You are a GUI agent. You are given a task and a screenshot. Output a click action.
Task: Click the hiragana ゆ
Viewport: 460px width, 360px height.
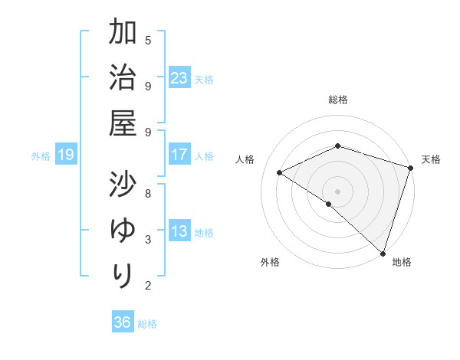(x=123, y=230)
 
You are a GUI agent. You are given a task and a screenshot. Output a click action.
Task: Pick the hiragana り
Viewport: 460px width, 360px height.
(x=123, y=275)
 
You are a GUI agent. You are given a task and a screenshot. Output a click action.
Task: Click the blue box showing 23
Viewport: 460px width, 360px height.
(x=179, y=78)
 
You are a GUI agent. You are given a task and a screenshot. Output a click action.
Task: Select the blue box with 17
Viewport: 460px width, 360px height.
(x=179, y=155)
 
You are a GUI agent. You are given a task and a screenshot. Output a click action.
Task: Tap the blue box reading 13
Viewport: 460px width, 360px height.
(x=179, y=231)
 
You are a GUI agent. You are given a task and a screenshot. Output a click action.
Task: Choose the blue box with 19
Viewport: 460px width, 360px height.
(x=65, y=155)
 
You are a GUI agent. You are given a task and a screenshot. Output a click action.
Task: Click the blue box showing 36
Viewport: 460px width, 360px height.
(x=123, y=322)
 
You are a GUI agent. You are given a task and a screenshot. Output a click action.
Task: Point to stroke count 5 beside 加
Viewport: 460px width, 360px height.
(x=148, y=40)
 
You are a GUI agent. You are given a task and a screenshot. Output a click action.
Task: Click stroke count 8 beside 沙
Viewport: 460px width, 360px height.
(x=148, y=193)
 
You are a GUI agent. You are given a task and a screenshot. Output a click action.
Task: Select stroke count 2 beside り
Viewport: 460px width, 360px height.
(x=148, y=286)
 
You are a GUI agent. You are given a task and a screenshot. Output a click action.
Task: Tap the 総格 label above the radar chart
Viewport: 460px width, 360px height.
(x=338, y=100)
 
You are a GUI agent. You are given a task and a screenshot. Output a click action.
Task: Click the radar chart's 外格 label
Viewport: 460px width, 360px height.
(x=270, y=262)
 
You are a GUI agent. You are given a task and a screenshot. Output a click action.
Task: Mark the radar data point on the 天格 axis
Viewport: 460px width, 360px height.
(x=411, y=169)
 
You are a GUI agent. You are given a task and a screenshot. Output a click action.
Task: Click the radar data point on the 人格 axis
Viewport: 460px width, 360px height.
(x=280, y=173)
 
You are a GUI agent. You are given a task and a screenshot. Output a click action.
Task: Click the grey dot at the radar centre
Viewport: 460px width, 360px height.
(x=337, y=191)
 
